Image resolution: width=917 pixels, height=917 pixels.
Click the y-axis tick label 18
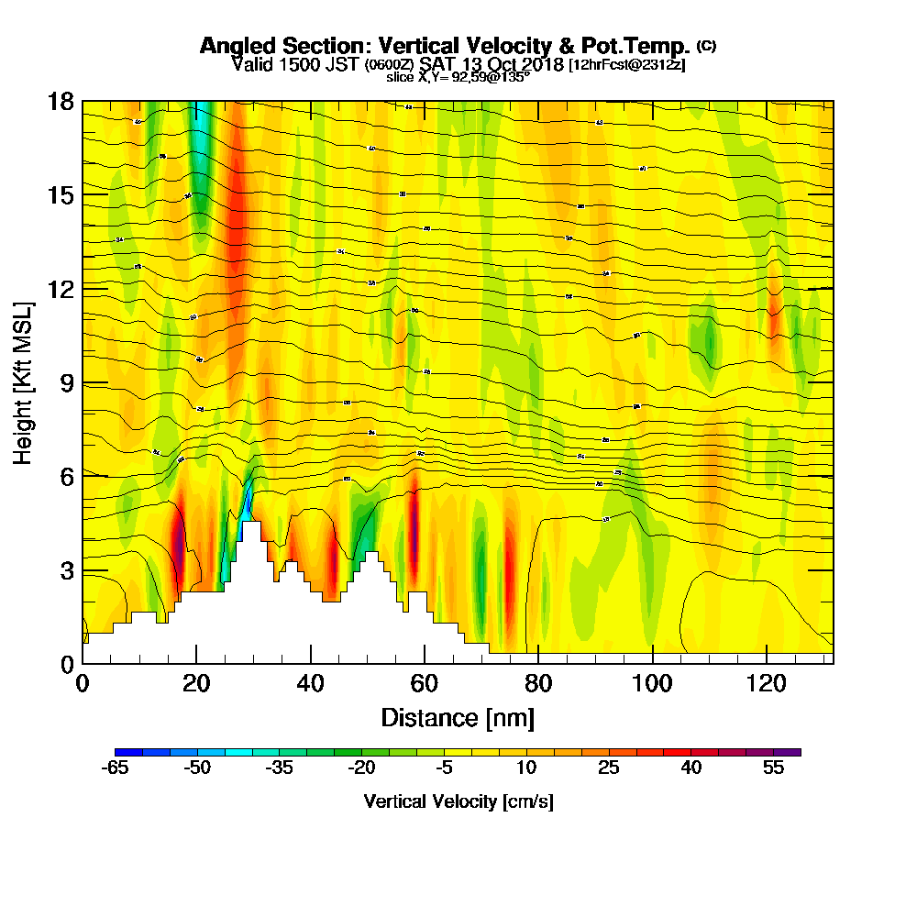click(x=61, y=102)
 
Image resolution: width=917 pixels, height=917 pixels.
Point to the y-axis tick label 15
click(x=61, y=195)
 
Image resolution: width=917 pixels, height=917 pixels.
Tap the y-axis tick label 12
click(x=61, y=289)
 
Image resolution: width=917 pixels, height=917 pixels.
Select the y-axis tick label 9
click(x=67, y=383)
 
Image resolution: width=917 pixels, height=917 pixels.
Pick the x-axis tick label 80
click(x=538, y=682)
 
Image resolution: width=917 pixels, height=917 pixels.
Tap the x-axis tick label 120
click(x=766, y=682)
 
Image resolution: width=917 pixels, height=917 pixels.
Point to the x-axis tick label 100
click(x=652, y=682)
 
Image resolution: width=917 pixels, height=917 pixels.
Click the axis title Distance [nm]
click(x=458, y=716)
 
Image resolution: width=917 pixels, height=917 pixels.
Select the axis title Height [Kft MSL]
click(x=23, y=381)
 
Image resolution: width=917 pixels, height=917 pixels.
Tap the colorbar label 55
click(x=774, y=768)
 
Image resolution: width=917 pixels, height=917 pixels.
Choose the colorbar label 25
click(x=609, y=768)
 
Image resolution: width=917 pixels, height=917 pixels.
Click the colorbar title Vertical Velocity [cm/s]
click(x=458, y=801)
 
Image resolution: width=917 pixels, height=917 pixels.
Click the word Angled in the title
click(x=236, y=46)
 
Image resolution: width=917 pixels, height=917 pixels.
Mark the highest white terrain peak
click(x=251, y=525)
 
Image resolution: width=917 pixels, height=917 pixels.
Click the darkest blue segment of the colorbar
click(x=122, y=752)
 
